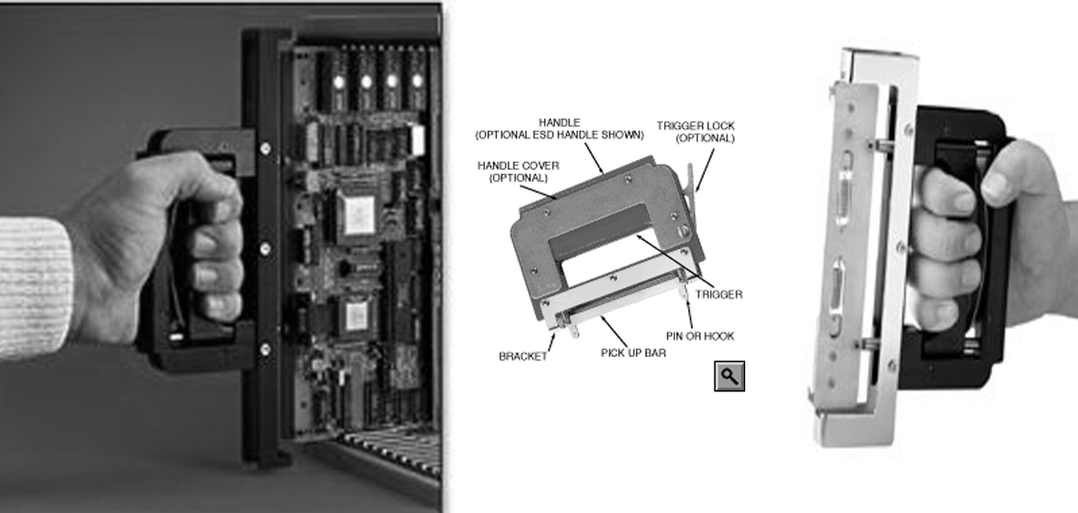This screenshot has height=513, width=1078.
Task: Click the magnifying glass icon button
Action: pyautogui.click(x=729, y=376)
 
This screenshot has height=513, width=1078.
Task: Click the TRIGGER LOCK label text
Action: pyautogui.click(x=696, y=126)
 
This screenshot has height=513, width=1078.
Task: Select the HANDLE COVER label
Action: pyautogui.click(x=518, y=166)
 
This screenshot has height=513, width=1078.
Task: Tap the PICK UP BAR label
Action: pyautogui.click(x=633, y=353)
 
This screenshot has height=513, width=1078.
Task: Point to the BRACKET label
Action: pyautogui.click(x=523, y=357)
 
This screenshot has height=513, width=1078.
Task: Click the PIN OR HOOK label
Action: pyautogui.click(x=700, y=336)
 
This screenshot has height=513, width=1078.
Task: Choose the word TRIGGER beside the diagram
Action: pyautogui.click(x=719, y=294)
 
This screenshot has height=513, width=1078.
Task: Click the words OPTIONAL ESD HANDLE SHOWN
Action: pyautogui.click(x=560, y=135)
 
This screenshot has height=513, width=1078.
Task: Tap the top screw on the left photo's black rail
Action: pyautogui.click(x=264, y=149)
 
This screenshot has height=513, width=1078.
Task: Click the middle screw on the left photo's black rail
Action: pyautogui.click(x=264, y=249)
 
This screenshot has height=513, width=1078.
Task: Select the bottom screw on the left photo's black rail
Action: pyautogui.click(x=264, y=349)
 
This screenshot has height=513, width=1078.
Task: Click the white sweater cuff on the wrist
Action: pyautogui.click(x=33, y=287)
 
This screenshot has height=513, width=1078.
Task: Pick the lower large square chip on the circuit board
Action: pyautogui.click(x=355, y=317)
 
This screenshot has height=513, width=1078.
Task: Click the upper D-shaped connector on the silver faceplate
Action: pyautogui.click(x=844, y=187)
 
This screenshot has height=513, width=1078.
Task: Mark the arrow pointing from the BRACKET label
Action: pyautogui.click(x=552, y=342)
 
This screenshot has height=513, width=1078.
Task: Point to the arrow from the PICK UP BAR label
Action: pyautogui.click(x=614, y=331)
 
